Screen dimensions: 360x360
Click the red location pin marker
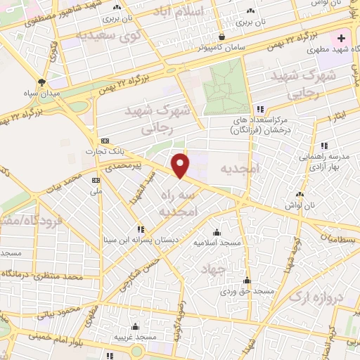pyautogui.click(x=181, y=165)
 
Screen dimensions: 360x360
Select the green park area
pyautogui.click(x=226, y=91)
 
